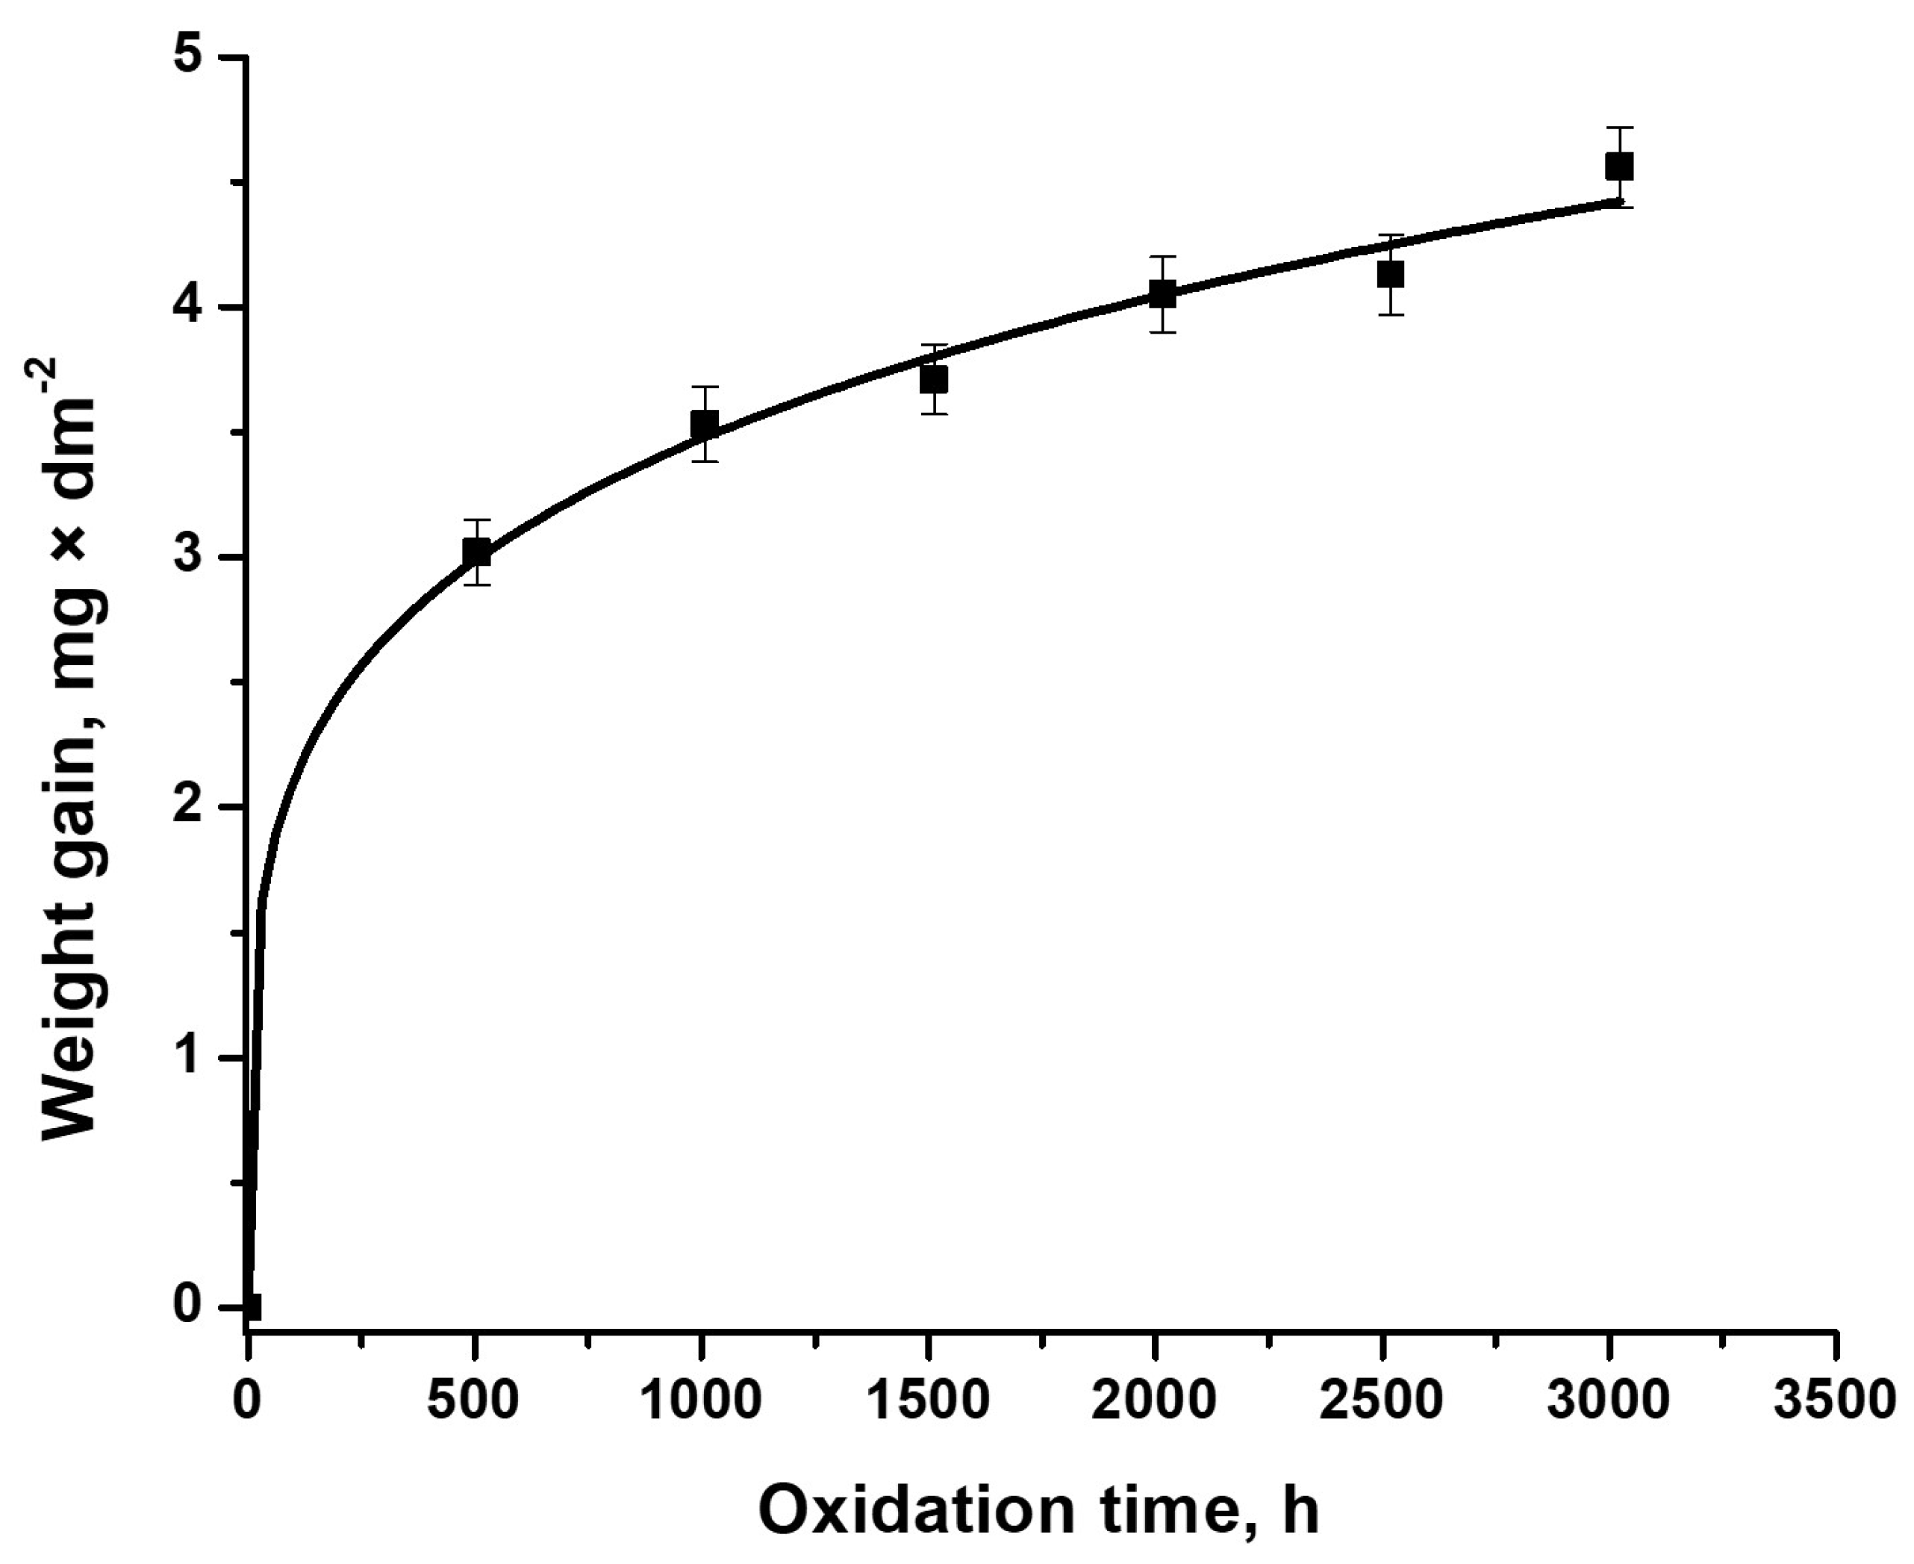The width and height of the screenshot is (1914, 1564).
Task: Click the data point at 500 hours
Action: [476, 552]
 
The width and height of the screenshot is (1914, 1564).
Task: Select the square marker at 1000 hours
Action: [705, 423]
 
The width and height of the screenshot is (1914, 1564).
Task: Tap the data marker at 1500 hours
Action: [933, 379]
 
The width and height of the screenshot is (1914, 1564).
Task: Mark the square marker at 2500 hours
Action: [1391, 274]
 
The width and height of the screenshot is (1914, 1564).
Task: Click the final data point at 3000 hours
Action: [1618, 166]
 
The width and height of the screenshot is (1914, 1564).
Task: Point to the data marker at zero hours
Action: [250, 1306]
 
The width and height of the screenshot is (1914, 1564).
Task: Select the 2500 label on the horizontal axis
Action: [1382, 1403]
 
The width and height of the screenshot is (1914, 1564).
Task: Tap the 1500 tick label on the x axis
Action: [928, 1403]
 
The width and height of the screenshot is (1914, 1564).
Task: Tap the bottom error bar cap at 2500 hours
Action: [1391, 314]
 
